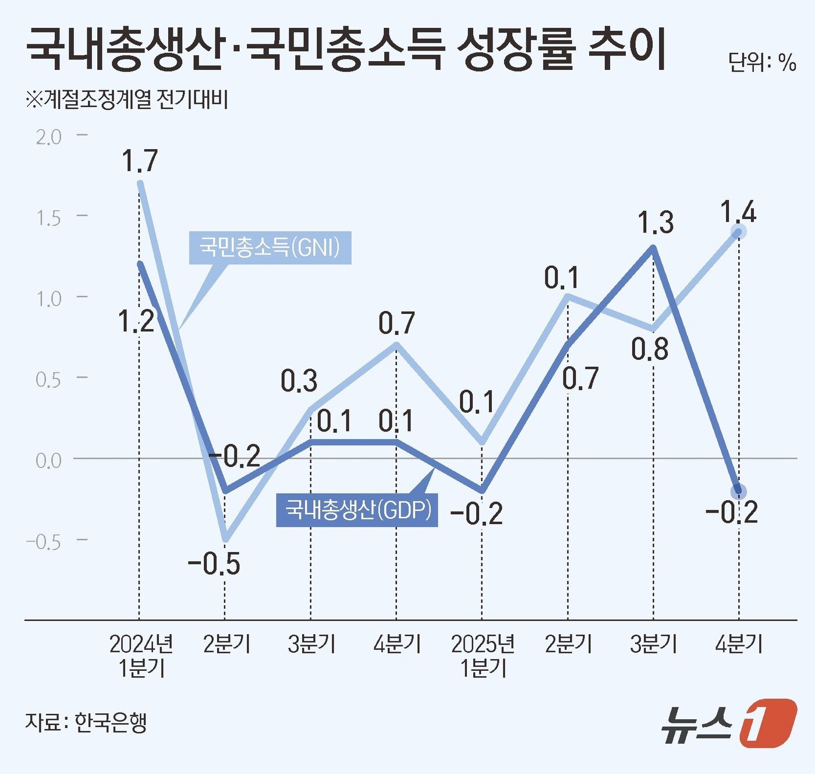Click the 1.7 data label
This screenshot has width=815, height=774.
point(140,161)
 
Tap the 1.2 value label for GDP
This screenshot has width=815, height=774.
point(136,321)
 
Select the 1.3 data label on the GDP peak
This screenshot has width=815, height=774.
point(655,222)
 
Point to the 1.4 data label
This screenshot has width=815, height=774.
point(738,212)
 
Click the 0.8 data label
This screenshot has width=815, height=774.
point(650,349)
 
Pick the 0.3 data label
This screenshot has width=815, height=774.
point(299,381)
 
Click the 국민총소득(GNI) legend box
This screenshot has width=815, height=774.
point(270,248)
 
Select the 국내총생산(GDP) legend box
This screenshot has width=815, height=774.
point(357,510)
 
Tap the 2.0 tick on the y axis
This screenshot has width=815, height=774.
point(48,137)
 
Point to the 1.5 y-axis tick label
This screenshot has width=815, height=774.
point(48,218)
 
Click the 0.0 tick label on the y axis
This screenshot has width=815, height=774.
point(48,461)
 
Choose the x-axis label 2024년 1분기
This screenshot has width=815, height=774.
point(140,655)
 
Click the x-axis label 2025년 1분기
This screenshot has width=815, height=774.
point(483,655)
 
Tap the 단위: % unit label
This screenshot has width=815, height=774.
point(761,62)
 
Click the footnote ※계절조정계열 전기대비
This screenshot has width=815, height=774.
point(126,100)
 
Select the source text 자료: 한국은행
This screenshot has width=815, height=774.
point(86,722)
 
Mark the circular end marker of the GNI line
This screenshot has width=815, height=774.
point(739,232)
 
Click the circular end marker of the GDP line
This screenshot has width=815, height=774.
point(739,491)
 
